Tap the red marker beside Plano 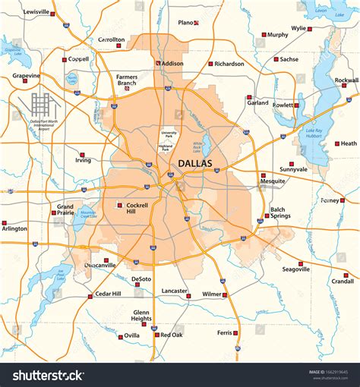(197, 23)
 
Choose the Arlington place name (14, 228)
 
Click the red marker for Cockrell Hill (118, 205)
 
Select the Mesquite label (273, 181)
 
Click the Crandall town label (343, 281)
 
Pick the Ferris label (224, 332)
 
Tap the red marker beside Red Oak (156, 335)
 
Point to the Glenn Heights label (141, 316)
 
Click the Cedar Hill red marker (90, 294)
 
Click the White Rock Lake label (198, 145)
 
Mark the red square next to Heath (337, 143)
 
